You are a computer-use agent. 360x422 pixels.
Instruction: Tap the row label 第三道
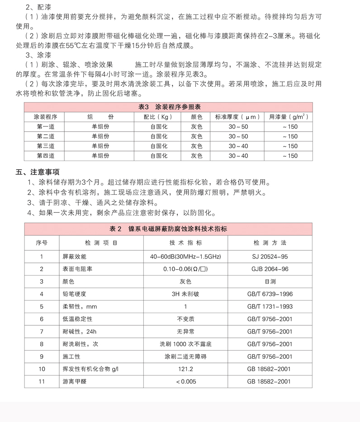(x=46, y=146)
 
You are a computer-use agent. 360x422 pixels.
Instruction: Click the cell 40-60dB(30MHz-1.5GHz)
(x=185, y=257)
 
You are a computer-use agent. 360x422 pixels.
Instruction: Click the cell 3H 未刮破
(x=185, y=294)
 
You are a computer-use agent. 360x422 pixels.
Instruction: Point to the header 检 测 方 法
(x=270, y=243)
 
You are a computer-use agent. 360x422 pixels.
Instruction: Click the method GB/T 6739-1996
(x=270, y=294)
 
